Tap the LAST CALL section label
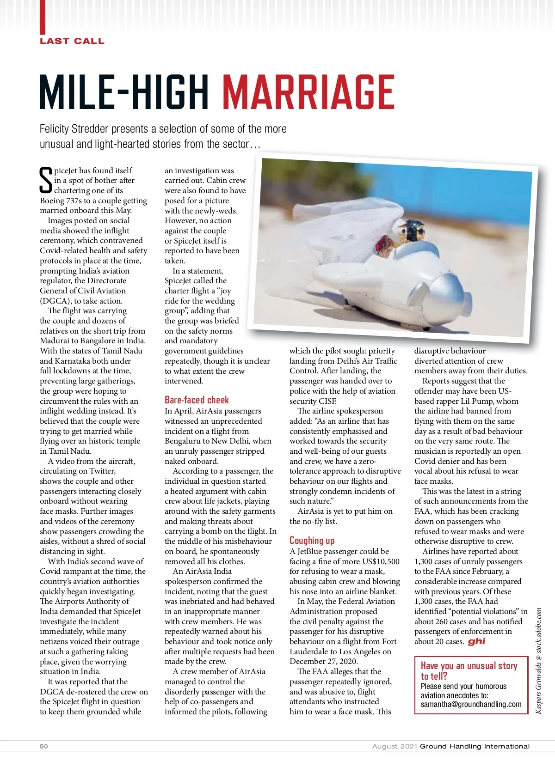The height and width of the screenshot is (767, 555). (x=72, y=41)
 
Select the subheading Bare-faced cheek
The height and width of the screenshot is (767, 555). (x=197, y=400)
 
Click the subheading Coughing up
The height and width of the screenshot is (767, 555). (x=312, y=541)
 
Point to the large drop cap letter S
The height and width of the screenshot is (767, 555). (x=46, y=180)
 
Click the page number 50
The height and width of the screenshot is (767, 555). (x=44, y=746)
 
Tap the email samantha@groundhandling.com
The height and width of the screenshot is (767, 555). (x=471, y=705)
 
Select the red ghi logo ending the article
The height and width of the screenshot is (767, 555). (x=476, y=641)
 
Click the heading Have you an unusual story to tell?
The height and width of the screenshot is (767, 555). (x=469, y=670)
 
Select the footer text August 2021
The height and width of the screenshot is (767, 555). (x=395, y=746)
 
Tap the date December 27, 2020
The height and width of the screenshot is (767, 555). (x=324, y=661)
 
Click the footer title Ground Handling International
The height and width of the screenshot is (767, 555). (x=475, y=746)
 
